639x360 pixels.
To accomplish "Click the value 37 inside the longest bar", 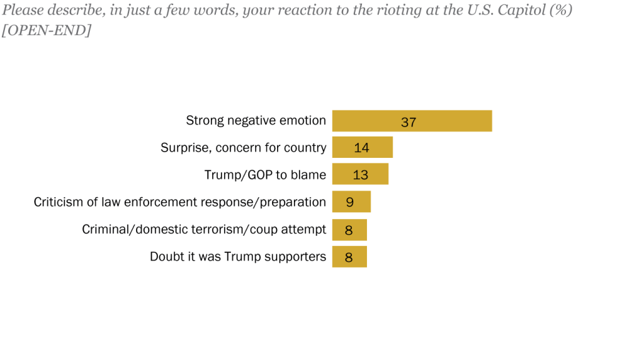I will [x=408, y=122].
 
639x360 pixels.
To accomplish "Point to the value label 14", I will [x=361, y=148].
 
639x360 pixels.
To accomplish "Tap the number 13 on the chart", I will [x=360, y=175].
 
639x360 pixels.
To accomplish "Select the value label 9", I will [x=350, y=203].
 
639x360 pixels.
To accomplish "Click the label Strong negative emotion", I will [x=256, y=120].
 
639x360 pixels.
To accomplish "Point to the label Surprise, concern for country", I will [x=243, y=148].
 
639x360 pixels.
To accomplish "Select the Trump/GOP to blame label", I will [x=265, y=175].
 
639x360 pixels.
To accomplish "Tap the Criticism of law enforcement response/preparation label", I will [x=180, y=202].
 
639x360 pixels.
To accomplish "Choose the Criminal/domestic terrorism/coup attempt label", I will [x=204, y=229].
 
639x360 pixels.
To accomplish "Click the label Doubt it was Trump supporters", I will [x=238, y=256].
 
